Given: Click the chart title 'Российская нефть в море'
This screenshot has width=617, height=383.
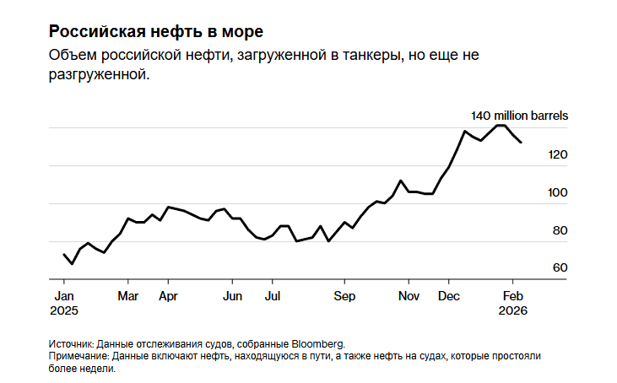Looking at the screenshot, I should (156, 32).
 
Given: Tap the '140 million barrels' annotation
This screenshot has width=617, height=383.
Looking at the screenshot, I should (519, 115).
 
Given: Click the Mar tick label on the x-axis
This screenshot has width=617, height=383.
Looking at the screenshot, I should (127, 296).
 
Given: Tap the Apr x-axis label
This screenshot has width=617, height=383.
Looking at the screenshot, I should (168, 296).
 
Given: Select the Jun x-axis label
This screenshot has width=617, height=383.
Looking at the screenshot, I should (232, 296).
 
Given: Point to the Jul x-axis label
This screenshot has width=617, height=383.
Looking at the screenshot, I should (272, 296).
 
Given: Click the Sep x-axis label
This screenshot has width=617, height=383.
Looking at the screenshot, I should (344, 296).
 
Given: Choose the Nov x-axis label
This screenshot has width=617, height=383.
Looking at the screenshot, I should (409, 296).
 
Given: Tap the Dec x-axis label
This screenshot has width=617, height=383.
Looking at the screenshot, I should (449, 296).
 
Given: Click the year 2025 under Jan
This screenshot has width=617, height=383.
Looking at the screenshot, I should (64, 310).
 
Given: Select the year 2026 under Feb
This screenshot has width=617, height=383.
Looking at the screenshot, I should (513, 310).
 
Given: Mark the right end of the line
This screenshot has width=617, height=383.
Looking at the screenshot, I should (521, 143).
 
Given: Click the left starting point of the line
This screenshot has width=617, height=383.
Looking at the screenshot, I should (64, 254).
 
